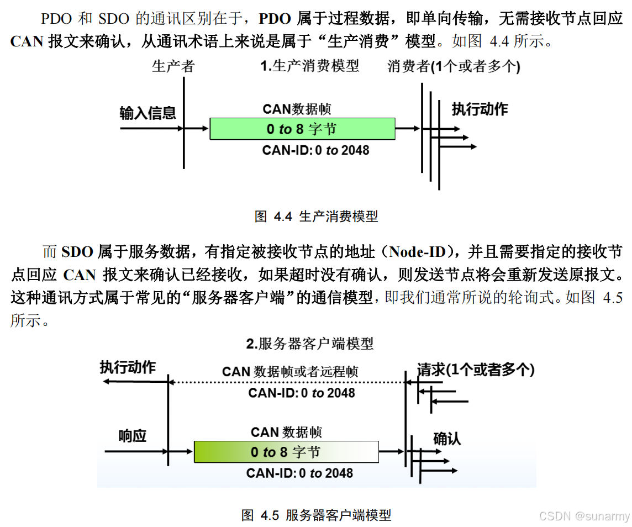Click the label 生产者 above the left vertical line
(x=173, y=67)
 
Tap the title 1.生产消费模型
(x=309, y=66)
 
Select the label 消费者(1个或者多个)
(x=454, y=67)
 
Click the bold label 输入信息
(x=148, y=113)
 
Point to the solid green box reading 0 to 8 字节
(x=302, y=129)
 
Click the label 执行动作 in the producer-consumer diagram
(x=480, y=109)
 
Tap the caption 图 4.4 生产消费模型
(x=316, y=217)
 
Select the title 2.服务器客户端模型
(x=309, y=344)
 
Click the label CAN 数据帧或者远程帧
(x=290, y=372)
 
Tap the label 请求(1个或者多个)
(x=476, y=370)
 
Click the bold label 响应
(x=133, y=436)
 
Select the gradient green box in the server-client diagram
(x=286, y=452)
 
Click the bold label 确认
(x=446, y=439)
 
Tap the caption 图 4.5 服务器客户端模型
(x=316, y=515)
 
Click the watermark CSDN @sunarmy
(x=584, y=516)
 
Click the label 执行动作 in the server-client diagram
(x=128, y=367)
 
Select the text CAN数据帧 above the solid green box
(x=297, y=109)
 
